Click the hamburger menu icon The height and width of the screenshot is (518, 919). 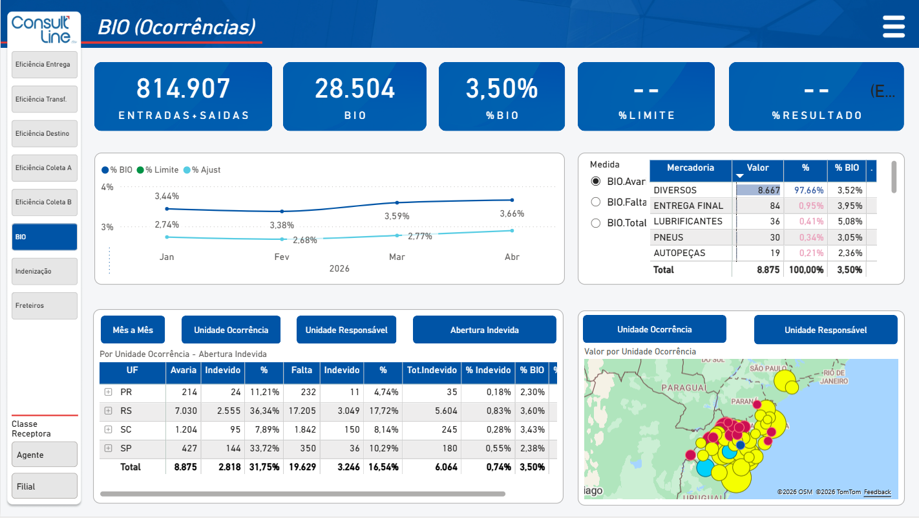(x=894, y=27)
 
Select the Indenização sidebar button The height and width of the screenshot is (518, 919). (x=45, y=272)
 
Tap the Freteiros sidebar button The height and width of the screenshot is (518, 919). (x=45, y=306)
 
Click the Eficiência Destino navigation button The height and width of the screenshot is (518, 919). (x=45, y=133)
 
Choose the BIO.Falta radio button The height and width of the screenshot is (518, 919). (x=596, y=202)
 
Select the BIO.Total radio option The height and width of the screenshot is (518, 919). (x=596, y=223)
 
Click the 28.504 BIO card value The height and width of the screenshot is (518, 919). (x=355, y=89)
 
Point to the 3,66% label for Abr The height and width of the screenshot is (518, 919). (x=512, y=213)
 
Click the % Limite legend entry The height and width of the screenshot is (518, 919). (x=158, y=170)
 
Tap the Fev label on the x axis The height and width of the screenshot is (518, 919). (x=282, y=257)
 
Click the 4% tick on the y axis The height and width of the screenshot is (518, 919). (x=107, y=187)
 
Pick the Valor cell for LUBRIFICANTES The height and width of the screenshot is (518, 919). (x=758, y=222)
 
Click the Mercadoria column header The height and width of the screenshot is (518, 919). (x=690, y=168)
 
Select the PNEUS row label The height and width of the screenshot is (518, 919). (x=668, y=237)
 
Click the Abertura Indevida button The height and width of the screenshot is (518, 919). (x=485, y=330)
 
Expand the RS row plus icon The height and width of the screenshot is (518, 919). (x=109, y=411)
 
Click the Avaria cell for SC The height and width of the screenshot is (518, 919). (x=184, y=430)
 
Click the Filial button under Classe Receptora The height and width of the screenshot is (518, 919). (x=45, y=486)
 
